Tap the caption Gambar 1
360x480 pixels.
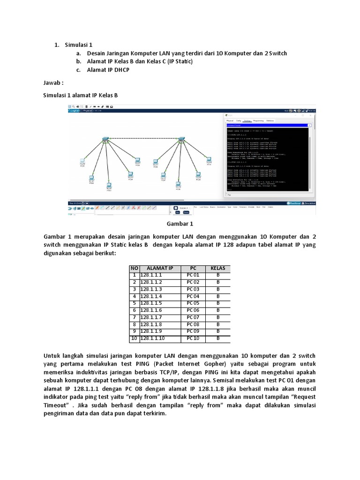(180, 224)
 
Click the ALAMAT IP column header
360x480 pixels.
(160, 268)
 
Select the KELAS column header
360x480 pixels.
(217, 268)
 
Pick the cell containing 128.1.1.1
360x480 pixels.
(150, 275)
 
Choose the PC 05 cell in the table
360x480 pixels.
(193, 303)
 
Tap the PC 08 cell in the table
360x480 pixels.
(193, 324)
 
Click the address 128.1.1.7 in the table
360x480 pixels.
(150, 317)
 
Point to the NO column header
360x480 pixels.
(134, 268)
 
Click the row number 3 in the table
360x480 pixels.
(134, 289)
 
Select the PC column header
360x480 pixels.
(193, 268)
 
